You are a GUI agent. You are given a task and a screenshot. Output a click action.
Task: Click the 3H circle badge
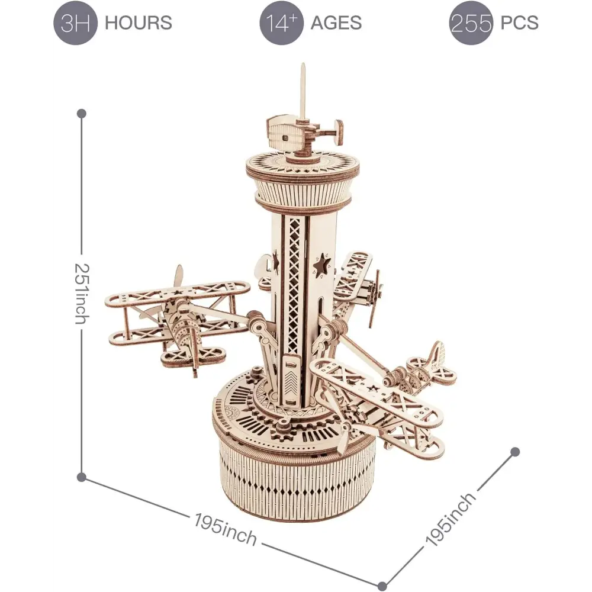pos(76,22)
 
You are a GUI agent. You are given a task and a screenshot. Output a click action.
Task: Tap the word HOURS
pos(138,22)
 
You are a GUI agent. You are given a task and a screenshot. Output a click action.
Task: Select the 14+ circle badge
pos(282,22)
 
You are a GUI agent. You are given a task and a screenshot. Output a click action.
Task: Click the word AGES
pos(336,22)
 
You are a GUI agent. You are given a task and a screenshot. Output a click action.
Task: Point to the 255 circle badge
pos(471,22)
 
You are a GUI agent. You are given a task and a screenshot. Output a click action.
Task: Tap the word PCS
pos(520,22)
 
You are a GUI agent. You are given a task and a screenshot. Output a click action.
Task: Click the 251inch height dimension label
pos(82,294)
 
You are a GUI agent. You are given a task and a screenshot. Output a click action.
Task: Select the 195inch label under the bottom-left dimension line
pos(226,529)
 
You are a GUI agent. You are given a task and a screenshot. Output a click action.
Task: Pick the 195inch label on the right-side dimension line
pos(450,519)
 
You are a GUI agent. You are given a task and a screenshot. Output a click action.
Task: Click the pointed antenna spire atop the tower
pos(303,91)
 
